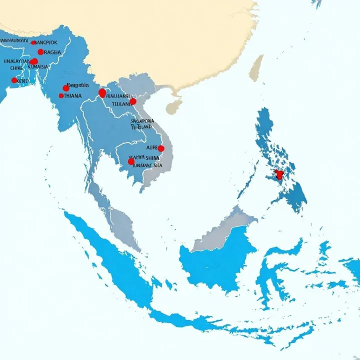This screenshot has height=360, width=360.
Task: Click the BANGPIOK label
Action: pyautogui.click(x=52, y=42)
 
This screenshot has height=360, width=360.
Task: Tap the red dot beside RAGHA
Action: pyautogui.click(x=40, y=52)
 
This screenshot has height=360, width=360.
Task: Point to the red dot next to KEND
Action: pyautogui.click(x=14, y=80)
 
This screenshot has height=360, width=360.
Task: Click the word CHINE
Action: pyautogui.click(x=16, y=68)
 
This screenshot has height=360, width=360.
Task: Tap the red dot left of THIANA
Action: pyautogui.click(x=61, y=95)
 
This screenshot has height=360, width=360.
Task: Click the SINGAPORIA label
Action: pyautogui.click(x=142, y=121)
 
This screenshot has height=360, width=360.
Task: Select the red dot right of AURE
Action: pyautogui.click(x=161, y=148)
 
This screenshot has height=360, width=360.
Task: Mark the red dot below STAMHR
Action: pyautogui.click(x=131, y=161)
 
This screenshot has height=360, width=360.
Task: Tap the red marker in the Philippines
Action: pyautogui.click(x=279, y=174)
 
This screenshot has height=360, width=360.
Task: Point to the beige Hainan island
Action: pyautogui.click(x=174, y=106)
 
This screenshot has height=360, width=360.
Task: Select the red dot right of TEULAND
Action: pyautogui.click(x=133, y=101)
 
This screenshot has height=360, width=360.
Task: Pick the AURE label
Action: pyautogui.click(x=151, y=148)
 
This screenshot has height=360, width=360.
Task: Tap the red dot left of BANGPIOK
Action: pyautogui.click(x=33, y=42)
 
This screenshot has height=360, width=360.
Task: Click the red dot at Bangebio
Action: pyautogui.click(x=66, y=88)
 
